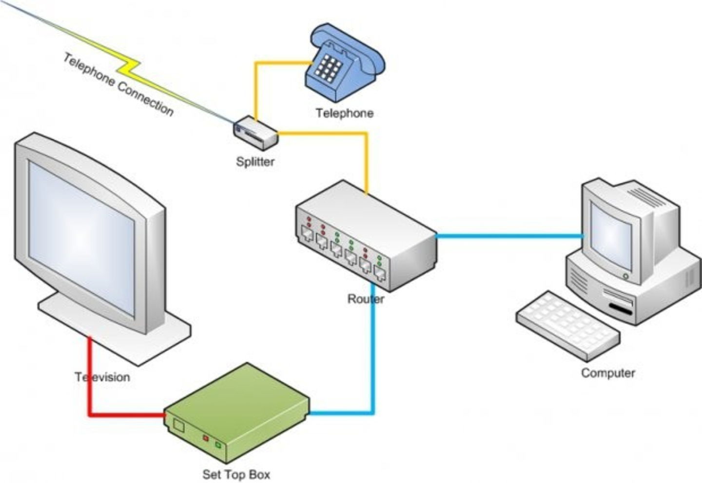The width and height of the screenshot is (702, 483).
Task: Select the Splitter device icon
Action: coord(255,133)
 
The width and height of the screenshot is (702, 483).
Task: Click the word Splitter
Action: coord(255,161)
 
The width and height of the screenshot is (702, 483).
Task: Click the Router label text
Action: coord(365,299)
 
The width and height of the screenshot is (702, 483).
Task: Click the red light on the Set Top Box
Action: coord(206,438)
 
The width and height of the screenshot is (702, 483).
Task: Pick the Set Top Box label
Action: coord(236,474)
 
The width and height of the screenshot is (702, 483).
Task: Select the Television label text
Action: coord(102,377)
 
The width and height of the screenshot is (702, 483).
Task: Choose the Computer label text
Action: coord(607,373)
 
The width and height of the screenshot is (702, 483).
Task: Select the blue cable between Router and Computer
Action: coord(509,236)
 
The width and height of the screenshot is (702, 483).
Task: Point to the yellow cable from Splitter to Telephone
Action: coord(255,88)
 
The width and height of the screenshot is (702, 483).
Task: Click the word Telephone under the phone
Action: coord(344,113)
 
